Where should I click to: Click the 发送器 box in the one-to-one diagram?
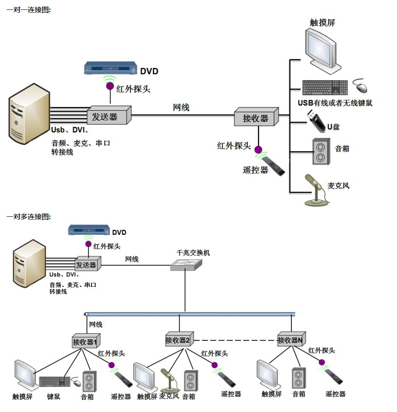pos(108,115)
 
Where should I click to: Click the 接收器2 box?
pos(178,340)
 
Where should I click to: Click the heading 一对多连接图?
pos(28,216)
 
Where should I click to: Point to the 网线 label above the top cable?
pos(181,107)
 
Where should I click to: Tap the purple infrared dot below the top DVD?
pos(109,86)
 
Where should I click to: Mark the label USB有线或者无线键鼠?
pos(335,103)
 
